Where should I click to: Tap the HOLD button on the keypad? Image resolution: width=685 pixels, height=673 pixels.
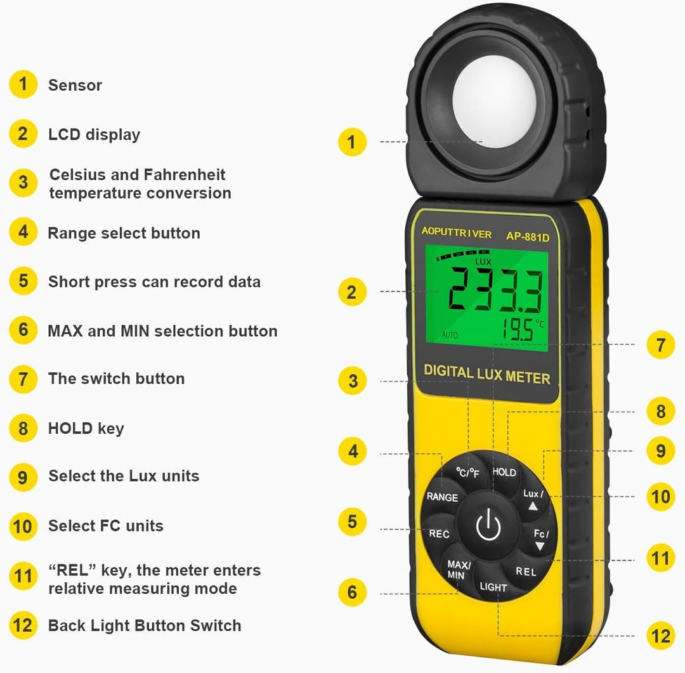point(504,472)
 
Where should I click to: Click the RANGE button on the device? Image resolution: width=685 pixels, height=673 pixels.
point(442,497)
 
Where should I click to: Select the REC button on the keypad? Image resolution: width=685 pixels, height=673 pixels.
point(439,533)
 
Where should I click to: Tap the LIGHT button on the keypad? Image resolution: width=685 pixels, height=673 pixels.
point(493,587)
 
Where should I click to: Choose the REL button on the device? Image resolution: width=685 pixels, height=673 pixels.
point(526,572)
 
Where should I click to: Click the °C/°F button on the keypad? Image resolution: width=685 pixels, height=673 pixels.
point(468,473)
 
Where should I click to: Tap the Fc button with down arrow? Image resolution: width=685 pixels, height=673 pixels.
point(540,539)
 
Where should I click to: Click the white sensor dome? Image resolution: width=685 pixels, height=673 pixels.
point(484,105)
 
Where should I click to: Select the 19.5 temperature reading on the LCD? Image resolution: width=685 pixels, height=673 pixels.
point(518,330)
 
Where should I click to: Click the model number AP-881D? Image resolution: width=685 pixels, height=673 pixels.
point(527,235)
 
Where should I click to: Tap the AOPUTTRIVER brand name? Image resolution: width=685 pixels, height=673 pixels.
point(456,233)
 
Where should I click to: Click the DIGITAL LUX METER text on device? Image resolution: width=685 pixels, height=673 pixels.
point(486,374)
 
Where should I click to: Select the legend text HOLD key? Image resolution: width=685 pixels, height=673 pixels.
point(86,428)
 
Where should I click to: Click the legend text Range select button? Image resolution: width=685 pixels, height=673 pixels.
point(124,233)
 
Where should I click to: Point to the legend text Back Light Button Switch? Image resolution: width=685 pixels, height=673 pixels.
point(145,625)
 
